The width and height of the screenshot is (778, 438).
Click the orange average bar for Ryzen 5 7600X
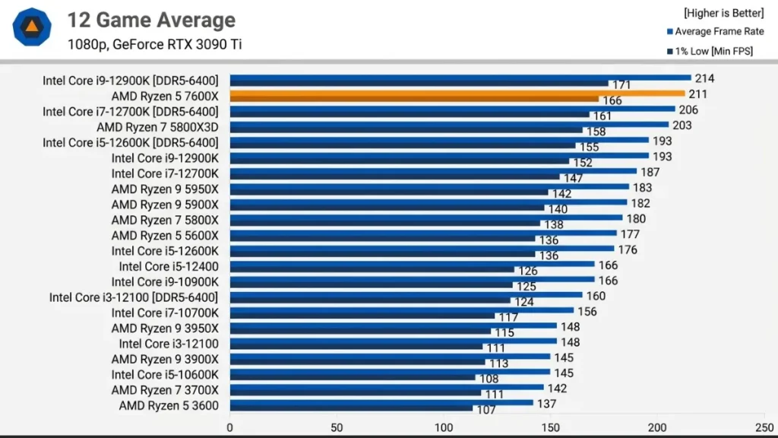click(x=456, y=94)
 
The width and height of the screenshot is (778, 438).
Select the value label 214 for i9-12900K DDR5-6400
click(x=704, y=78)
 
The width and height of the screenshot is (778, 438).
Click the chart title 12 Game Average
click(x=151, y=21)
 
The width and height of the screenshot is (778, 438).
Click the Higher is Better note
click(x=723, y=13)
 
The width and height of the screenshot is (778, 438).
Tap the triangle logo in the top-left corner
click(x=32, y=28)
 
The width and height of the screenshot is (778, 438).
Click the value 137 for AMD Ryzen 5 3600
click(x=547, y=403)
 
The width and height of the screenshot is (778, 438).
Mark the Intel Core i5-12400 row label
click(x=169, y=266)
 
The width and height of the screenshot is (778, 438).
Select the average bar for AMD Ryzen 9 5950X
click(x=429, y=186)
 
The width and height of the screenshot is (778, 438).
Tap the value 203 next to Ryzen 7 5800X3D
click(x=682, y=125)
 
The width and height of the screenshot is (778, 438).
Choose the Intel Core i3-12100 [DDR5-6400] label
click(x=134, y=297)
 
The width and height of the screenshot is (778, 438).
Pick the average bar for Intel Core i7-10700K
click(x=401, y=310)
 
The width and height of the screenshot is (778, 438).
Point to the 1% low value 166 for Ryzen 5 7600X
click(x=612, y=100)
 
